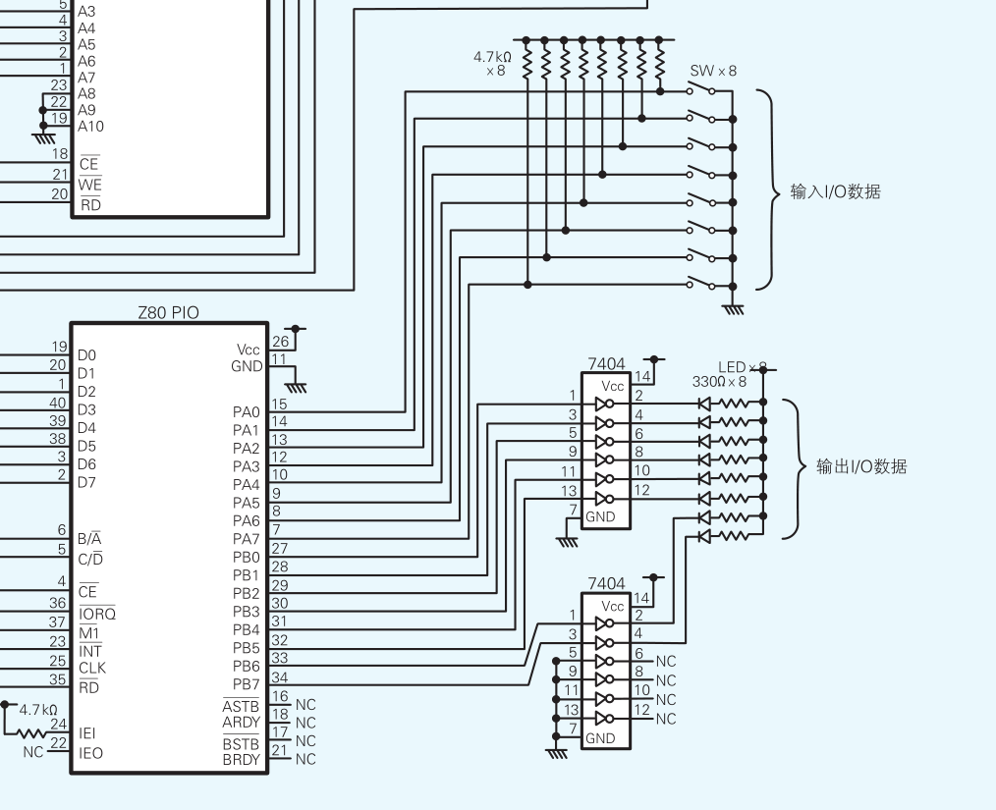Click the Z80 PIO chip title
tap(168, 313)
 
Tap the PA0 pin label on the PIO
tap(247, 412)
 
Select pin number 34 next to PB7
tap(280, 675)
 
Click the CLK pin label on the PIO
tap(92, 669)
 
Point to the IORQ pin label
tap(96, 615)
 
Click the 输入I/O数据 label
tap(835, 191)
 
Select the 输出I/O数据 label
tap(861, 467)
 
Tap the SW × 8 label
tap(713, 71)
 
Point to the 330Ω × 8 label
tap(720, 382)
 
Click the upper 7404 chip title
tap(606, 364)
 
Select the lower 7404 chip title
tap(606, 584)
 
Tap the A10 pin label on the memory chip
tap(90, 127)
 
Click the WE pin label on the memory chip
tap(89, 185)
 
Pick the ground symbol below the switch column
tap(733, 309)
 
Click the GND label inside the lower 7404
tap(600, 738)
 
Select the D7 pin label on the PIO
tap(87, 483)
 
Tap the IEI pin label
tap(87, 733)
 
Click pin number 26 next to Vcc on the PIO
tap(280, 342)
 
